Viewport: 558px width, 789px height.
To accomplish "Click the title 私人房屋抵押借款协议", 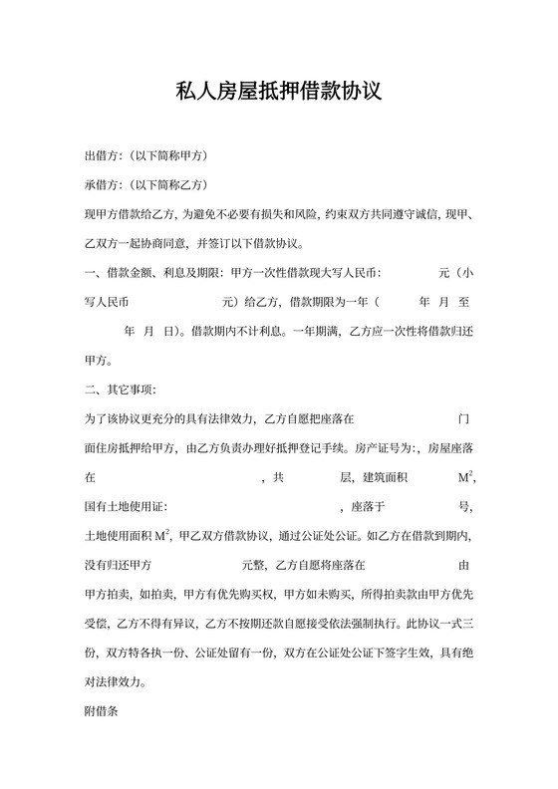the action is click(x=279, y=94).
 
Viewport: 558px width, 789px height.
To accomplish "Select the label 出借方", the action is click(x=102, y=156).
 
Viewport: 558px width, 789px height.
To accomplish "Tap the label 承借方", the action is click(x=102, y=185).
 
